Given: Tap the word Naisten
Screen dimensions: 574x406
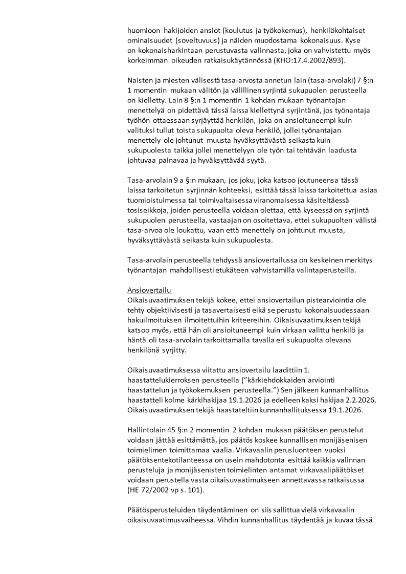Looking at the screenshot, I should click(x=140, y=80).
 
